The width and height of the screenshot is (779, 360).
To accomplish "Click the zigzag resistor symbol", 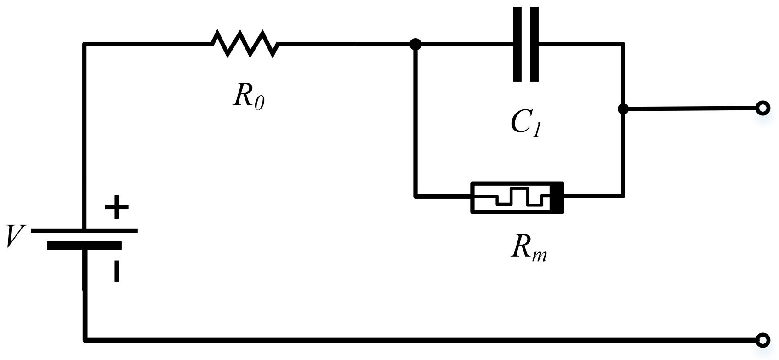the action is click(245, 44).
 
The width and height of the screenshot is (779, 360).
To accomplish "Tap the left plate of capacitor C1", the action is click(517, 44).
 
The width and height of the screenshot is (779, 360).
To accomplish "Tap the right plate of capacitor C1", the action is click(534, 44).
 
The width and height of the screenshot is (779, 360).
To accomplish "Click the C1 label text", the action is click(526, 123).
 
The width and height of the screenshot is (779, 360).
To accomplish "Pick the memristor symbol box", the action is click(517, 198).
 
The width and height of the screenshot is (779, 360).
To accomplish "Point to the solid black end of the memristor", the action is click(557, 198).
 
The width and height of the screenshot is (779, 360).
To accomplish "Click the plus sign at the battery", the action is click(117, 207).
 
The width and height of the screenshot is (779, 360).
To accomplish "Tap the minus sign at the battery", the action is click(117, 271).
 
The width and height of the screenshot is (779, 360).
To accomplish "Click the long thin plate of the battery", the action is click(84, 230).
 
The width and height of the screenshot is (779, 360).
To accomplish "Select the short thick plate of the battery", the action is click(84, 246).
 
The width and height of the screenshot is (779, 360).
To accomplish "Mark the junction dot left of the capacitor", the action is click(415, 44).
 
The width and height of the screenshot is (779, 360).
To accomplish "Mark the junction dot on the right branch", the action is click(623, 109).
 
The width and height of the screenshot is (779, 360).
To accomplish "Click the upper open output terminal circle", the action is click(762, 108).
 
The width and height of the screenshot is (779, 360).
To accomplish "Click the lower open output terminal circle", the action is click(762, 340).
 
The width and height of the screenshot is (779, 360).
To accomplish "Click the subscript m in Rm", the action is click(540, 255).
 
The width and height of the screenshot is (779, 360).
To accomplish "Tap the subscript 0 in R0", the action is click(259, 103).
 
